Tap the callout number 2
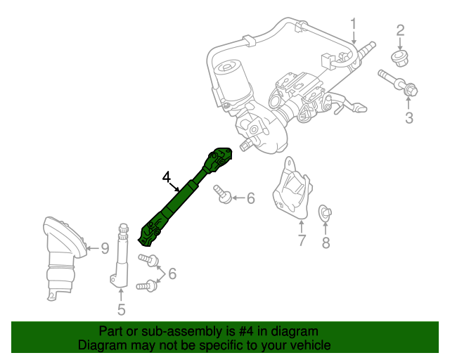click(x=401, y=30)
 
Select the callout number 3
click(x=409, y=117)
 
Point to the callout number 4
click(x=167, y=177)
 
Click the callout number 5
click(x=121, y=309)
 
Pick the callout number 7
click(x=301, y=241)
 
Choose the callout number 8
click(x=326, y=243)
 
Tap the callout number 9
click(x=104, y=247)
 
